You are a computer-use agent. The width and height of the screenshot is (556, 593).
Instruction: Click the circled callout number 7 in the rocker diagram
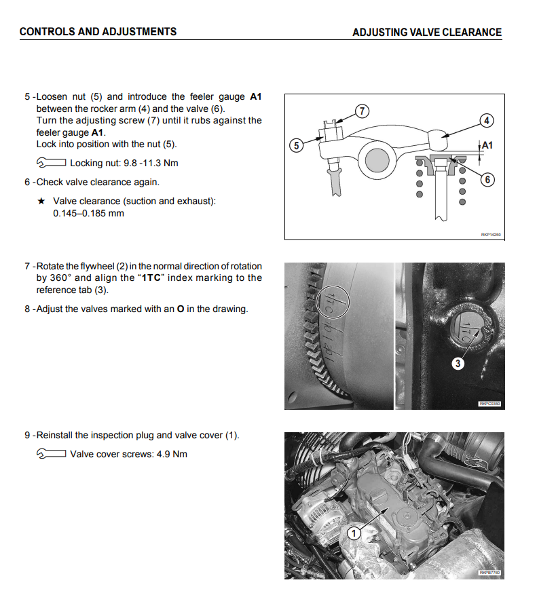363,111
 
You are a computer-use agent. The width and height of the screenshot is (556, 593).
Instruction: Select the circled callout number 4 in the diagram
487,121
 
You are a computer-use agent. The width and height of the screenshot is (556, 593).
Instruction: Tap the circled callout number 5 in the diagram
297,146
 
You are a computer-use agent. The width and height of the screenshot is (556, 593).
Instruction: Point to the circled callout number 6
487,179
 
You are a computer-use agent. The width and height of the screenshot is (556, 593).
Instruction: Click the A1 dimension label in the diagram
487,145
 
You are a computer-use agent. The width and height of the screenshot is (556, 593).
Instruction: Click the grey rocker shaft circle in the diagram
377,160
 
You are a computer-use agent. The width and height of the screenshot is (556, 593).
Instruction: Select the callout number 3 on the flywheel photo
458,364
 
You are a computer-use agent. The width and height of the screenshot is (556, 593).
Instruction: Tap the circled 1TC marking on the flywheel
333,302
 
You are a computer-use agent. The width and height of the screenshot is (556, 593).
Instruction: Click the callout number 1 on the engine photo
354,533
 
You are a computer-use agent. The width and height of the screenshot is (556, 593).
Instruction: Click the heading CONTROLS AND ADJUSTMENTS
98,31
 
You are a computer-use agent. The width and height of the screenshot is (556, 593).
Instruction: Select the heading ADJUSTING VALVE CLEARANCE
427,32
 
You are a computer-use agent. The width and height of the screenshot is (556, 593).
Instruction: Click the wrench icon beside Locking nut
51,163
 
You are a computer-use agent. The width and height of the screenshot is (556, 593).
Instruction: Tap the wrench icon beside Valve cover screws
51,453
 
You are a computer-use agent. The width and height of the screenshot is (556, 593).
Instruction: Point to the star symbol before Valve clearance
41,201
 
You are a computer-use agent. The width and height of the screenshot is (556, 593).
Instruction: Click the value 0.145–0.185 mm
88,213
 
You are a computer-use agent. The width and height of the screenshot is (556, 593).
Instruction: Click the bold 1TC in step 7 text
151,278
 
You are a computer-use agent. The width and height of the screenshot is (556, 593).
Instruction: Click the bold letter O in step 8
181,309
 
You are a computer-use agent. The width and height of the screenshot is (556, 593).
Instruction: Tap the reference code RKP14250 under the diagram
491,235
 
